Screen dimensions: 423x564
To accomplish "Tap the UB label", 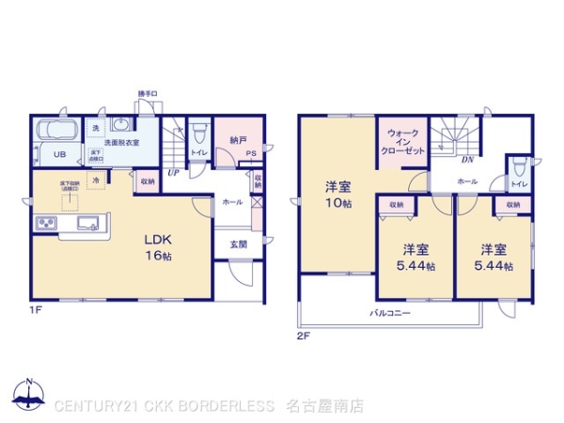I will point(58,155).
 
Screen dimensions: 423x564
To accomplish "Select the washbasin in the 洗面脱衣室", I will point(122,126).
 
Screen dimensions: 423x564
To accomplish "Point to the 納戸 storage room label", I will point(238,140).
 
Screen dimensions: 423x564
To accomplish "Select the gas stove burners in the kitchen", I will point(46,224).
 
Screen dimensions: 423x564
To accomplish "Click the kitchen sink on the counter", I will point(89,224).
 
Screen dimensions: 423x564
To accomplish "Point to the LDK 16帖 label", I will point(157,246).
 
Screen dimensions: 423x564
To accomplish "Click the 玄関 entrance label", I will point(238,244).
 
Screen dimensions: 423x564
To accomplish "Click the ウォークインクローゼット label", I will point(403,142).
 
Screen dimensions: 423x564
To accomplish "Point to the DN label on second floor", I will point(466,160).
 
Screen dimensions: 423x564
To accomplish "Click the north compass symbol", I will point(29,396).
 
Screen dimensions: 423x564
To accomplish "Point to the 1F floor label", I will point(35,307).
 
